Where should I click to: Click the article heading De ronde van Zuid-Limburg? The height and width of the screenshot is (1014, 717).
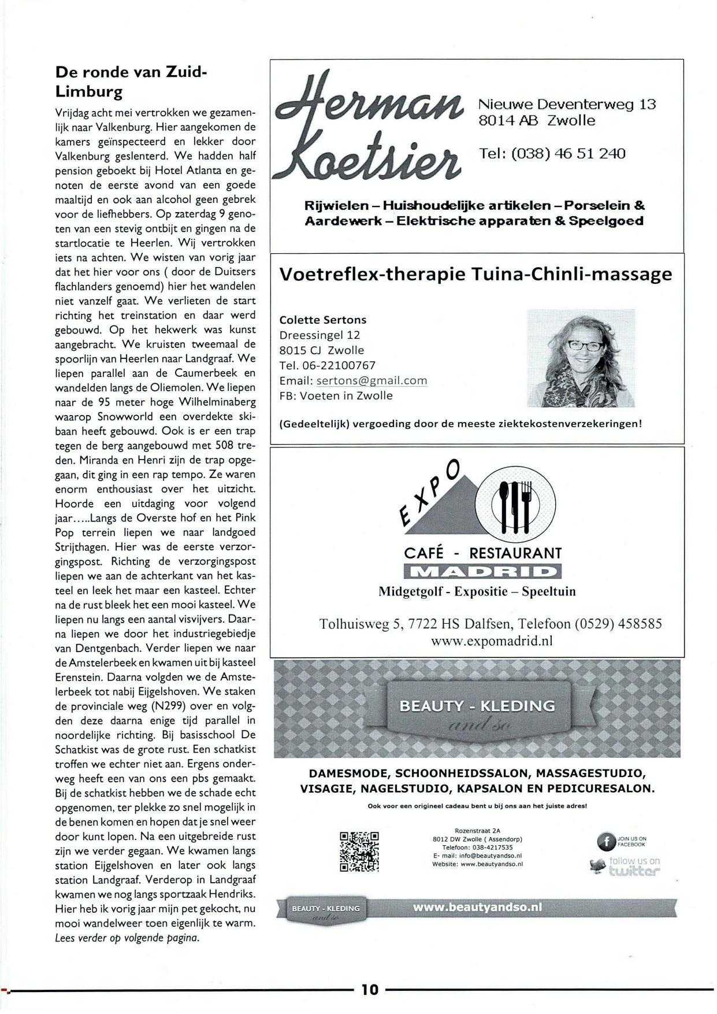(130, 82)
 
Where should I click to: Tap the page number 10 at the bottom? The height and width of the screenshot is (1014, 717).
(370, 989)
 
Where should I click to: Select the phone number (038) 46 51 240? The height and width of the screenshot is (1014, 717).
(552, 153)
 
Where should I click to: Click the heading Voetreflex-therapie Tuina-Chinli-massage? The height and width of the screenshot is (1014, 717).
(475, 274)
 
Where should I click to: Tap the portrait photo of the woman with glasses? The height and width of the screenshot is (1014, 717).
(580, 358)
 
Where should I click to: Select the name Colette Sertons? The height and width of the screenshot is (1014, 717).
(322, 320)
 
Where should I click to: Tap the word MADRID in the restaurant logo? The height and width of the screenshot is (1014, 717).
(482, 572)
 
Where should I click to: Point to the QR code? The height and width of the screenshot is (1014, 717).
(359, 851)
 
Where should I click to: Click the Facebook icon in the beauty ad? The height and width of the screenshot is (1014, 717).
(605, 842)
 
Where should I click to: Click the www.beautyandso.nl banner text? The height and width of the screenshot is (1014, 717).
(478, 907)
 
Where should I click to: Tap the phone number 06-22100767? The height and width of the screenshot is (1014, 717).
(327, 365)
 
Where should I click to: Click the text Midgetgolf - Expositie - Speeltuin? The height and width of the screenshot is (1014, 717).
(477, 591)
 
